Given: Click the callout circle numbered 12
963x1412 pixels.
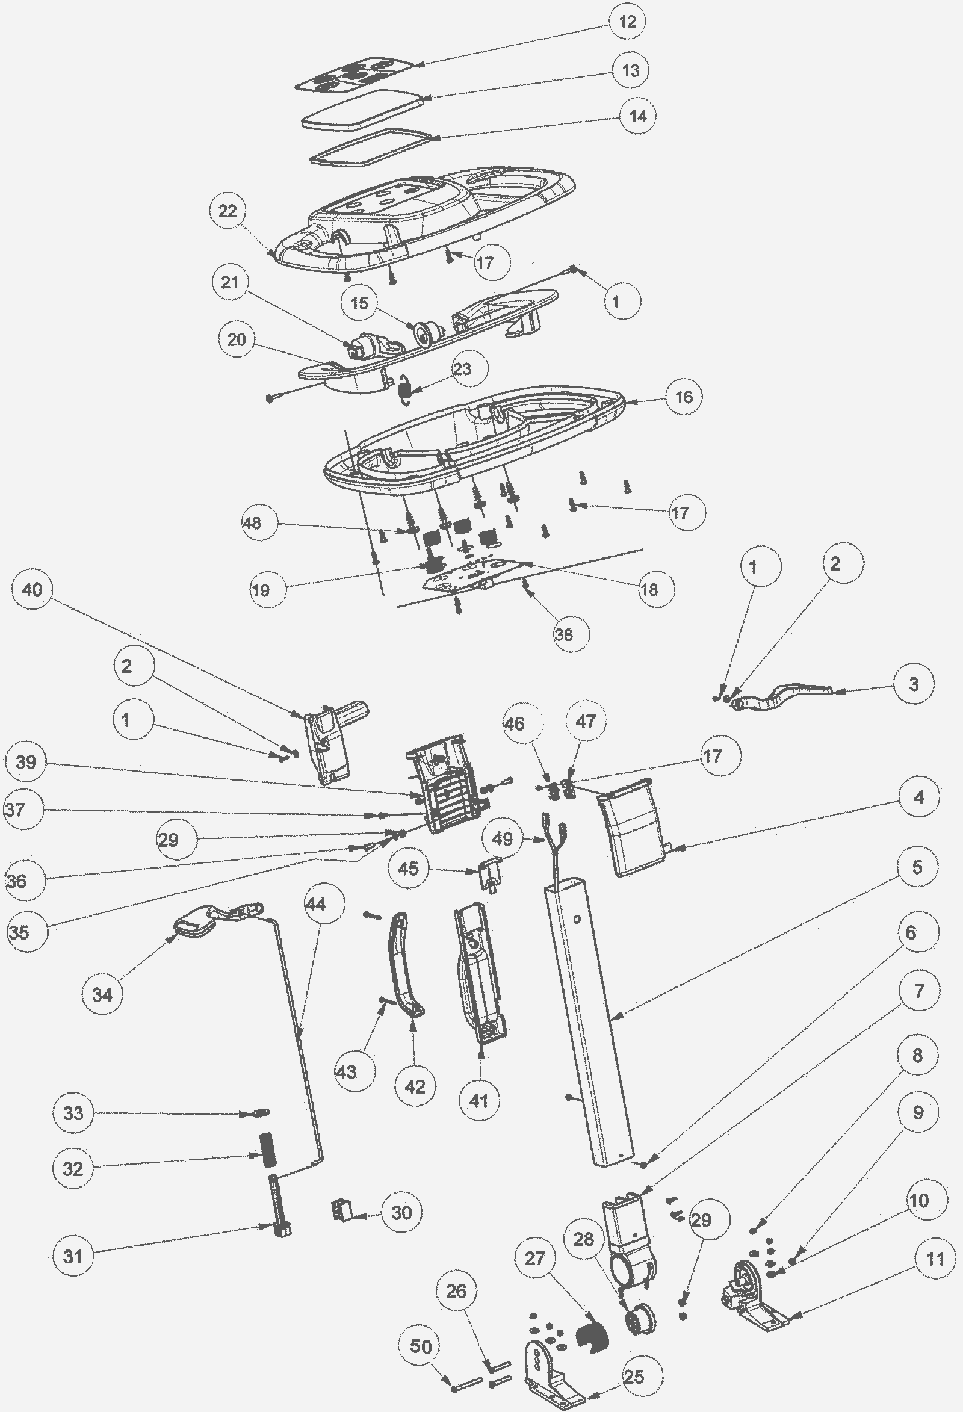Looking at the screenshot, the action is click(627, 22).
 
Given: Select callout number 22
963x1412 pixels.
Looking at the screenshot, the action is click(228, 211).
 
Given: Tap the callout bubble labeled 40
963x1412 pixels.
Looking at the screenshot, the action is click(33, 589).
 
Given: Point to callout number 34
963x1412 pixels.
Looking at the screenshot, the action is click(102, 994).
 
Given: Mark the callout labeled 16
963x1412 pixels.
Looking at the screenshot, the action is click(684, 397).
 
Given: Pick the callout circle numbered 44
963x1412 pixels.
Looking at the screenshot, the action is click(316, 903).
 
